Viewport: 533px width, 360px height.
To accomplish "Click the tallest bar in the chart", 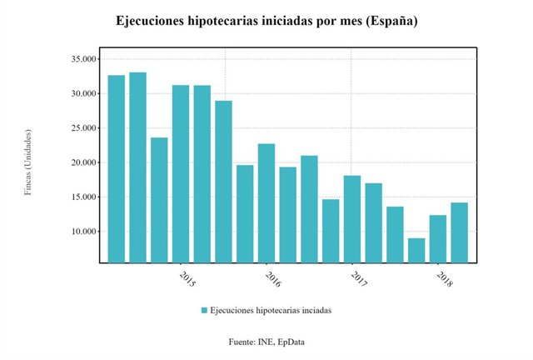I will [137, 167].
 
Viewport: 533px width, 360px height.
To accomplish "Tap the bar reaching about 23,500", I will [159, 200].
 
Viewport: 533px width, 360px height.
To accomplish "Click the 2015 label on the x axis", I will [187, 278].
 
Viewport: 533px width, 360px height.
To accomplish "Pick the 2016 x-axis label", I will [272, 278].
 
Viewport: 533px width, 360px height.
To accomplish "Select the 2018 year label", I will [444, 278].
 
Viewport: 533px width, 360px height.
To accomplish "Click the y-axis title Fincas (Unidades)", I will [28, 162].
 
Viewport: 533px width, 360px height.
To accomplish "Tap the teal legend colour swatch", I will [204, 310].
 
